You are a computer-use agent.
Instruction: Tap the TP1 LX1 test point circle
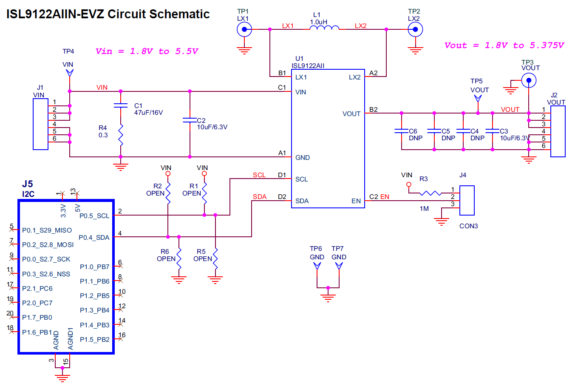(244, 29)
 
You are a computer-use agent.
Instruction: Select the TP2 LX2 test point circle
(415, 29)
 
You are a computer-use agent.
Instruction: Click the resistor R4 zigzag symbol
(121, 135)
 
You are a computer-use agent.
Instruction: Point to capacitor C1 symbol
(121, 105)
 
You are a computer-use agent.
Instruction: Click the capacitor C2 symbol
(190, 120)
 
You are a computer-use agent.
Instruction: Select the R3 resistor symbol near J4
(430, 193)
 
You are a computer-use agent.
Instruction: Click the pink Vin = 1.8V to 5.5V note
(147, 51)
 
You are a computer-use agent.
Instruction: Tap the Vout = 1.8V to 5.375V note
(504, 45)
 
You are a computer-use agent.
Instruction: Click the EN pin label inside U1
(356, 201)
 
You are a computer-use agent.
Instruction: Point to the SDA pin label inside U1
(302, 201)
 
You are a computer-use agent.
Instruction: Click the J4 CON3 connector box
(467, 200)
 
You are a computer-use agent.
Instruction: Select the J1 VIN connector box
(40, 124)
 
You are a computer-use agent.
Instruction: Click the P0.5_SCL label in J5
(94, 216)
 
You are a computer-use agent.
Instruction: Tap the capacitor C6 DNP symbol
(401, 131)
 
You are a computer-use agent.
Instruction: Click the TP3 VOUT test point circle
(529, 80)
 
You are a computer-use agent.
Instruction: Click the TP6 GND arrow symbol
(317, 266)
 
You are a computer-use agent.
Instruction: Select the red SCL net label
(259, 175)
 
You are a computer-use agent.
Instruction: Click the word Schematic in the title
(180, 14)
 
